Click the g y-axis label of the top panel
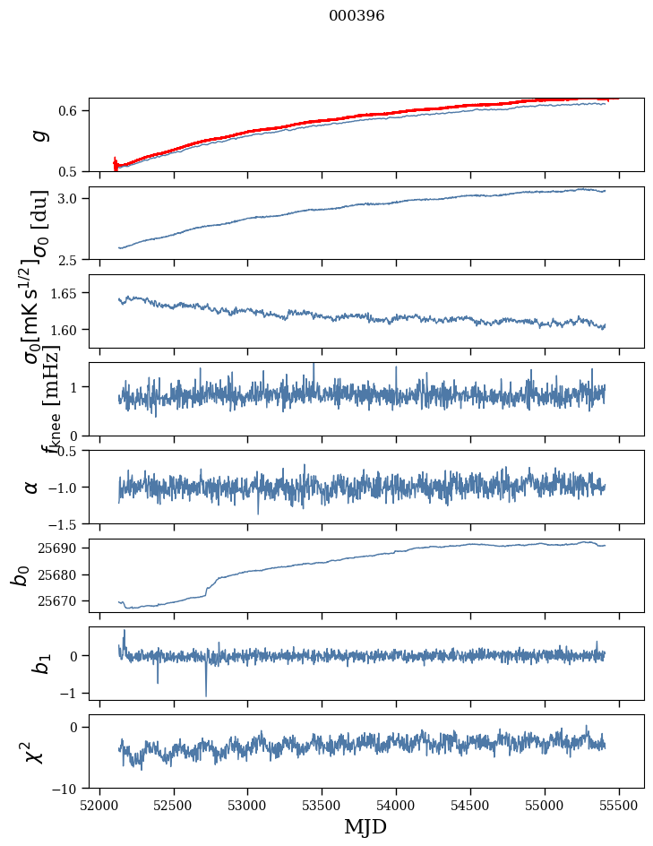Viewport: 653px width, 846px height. tap(37, 135)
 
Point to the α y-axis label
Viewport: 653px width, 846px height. tap(32, 487)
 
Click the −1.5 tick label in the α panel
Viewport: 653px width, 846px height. tap(64, 523)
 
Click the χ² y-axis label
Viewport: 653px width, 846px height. tap(33, 752)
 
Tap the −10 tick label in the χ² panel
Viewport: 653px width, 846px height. tap(67, 789)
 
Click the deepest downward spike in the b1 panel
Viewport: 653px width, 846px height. tap(206, 695)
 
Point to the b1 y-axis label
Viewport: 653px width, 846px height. tap(37, 664)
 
